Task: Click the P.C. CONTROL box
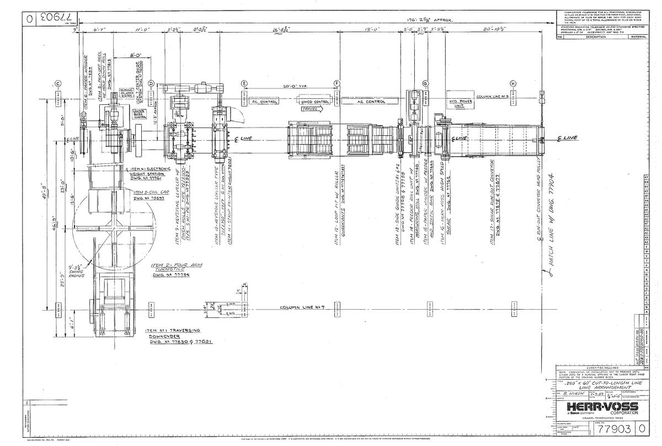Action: point(263,102)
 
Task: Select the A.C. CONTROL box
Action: point(367,102)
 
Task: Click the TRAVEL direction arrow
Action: point(312,109)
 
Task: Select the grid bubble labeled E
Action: point(243,83)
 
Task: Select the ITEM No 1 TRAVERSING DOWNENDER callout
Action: point(172,336)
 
